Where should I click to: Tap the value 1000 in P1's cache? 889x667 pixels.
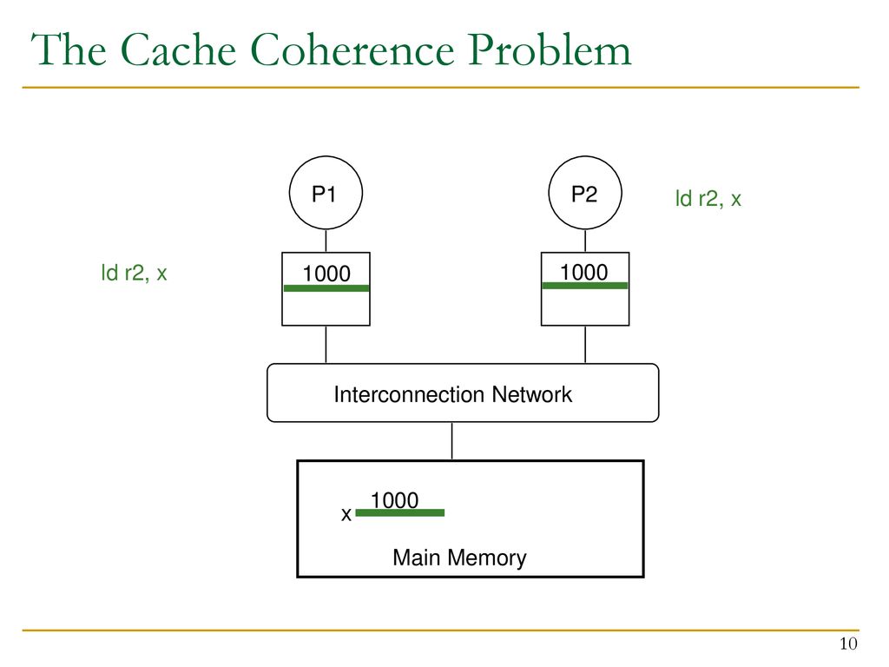326,274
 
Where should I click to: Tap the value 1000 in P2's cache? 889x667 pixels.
584,272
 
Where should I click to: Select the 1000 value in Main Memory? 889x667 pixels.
395,500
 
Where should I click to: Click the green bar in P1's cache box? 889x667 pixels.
326,288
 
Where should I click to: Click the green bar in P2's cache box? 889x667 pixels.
584,285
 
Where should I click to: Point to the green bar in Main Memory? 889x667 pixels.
399,512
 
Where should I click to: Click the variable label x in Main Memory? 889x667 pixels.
346,514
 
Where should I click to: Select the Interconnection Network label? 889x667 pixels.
452,394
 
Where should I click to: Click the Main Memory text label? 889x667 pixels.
459,558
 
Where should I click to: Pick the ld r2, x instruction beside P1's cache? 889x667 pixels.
134,273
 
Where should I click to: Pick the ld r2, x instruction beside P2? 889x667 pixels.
708,199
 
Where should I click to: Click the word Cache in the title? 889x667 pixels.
179,50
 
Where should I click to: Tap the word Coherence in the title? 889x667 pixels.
352,50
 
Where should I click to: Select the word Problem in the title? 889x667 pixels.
550,50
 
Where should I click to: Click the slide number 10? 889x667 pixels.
848,644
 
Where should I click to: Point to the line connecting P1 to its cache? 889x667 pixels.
326,241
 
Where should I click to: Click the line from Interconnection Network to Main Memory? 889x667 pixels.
451,441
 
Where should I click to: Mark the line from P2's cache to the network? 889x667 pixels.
585,345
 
